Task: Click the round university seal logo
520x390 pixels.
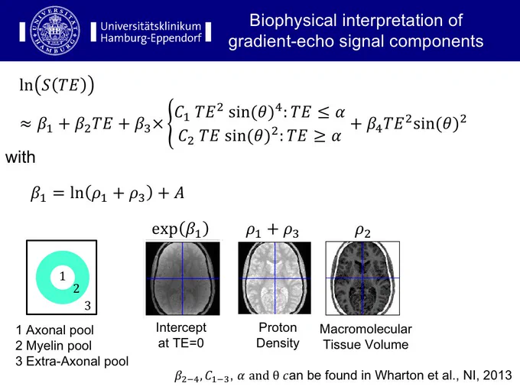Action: click(55, 31)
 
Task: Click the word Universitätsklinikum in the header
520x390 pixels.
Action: click(151, 26)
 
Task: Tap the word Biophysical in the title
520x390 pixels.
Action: click(292, 20)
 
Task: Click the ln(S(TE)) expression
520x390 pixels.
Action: click(57, 85)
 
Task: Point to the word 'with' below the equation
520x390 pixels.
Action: click(20, 157)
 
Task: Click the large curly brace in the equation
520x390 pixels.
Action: click(171, 124)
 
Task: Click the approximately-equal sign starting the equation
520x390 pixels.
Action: click(25, 125)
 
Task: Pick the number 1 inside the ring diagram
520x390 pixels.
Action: click(63, 276)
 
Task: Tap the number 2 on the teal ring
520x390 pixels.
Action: click(76, 288)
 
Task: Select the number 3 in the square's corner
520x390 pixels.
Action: click(87, 305)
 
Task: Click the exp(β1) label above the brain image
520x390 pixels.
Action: click(180, 229)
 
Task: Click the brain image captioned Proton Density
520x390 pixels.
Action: click(275, 278)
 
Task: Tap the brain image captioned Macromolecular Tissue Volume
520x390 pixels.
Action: click(362, 278)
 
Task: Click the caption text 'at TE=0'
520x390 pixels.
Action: click(181, 343)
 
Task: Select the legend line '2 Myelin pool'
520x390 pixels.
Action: click(54, 346)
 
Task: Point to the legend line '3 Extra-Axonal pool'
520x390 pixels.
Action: click(72, 361)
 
